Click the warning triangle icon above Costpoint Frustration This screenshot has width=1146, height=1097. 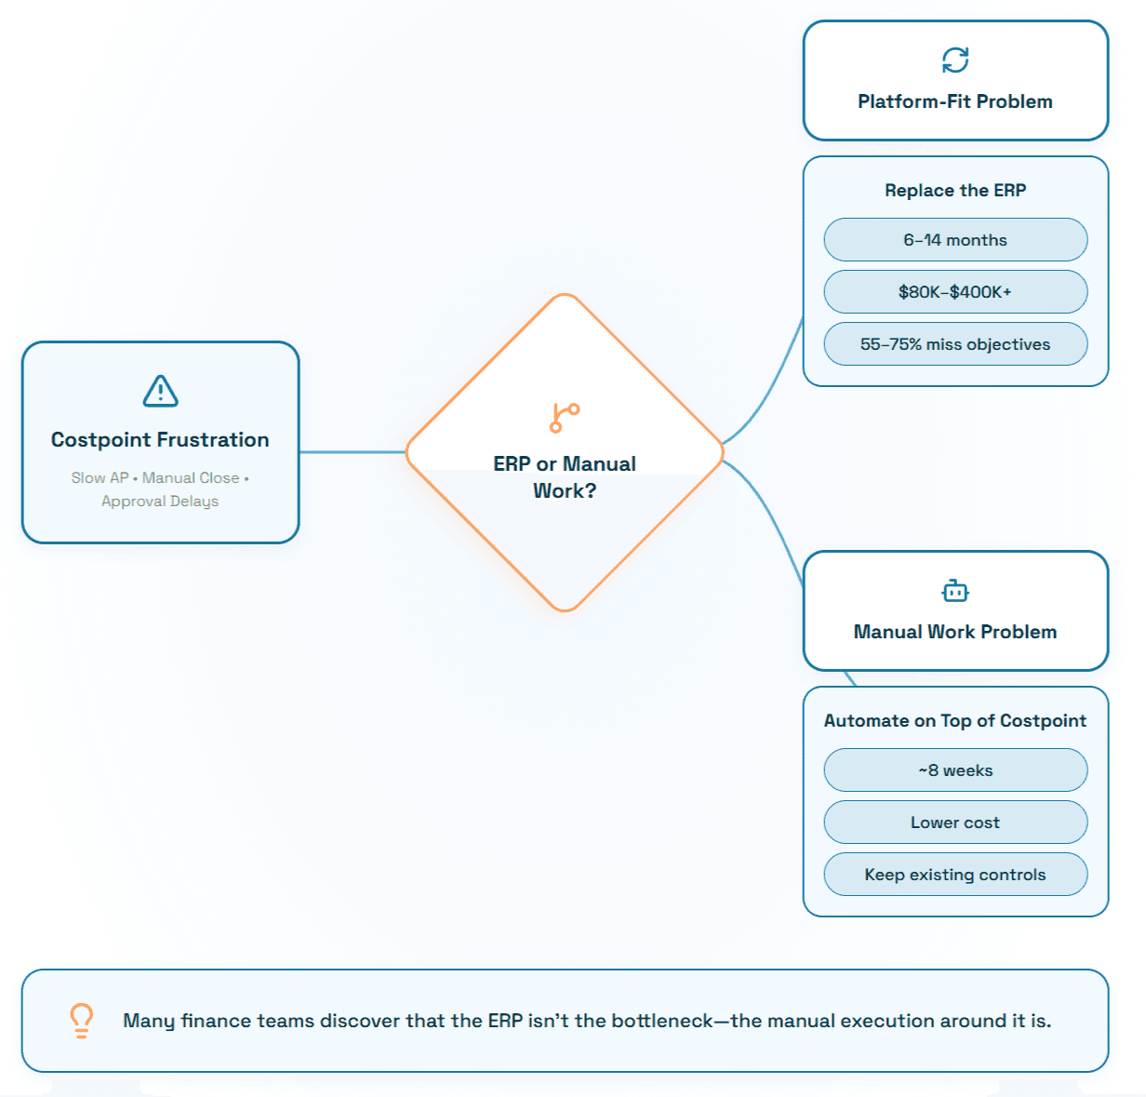tap(160, 391)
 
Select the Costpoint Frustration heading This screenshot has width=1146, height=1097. tap(160, 439)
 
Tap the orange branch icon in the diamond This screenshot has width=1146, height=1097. tap(565, 418)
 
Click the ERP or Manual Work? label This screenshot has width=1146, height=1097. tap(565, 476)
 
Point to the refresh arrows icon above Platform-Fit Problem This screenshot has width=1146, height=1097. tap(954, 60)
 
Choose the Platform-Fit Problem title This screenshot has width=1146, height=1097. tap(954, 101)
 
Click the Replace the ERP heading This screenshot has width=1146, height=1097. tap(955, 191)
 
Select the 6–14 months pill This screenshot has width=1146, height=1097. tap(955, 240)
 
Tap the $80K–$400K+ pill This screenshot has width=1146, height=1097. tap(955, 291)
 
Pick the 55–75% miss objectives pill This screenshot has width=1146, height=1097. tap(955, 344)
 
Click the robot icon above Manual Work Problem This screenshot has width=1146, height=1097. tap(954, 590)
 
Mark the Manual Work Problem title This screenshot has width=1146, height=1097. tap(954, 632)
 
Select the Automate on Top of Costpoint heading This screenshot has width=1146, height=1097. tap(954, 720)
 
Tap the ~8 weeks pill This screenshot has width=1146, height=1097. tap(955, 770)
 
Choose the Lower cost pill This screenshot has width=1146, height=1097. tap(955, 822)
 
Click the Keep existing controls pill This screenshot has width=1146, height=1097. tap(955, 875)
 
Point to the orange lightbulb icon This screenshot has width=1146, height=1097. tap(81, 1021)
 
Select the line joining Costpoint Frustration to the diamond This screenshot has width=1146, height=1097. tap(353, 452)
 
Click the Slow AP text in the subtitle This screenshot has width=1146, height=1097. tap(100, 478)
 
